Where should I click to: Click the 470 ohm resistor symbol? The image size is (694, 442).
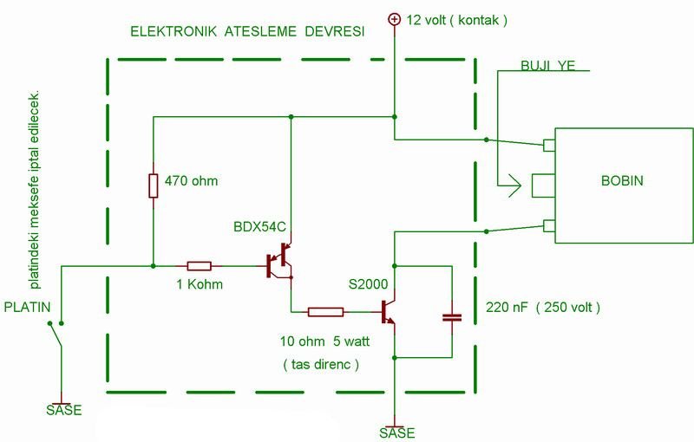tap(154, 185)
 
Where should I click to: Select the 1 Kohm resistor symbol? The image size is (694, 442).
tap(200, 265)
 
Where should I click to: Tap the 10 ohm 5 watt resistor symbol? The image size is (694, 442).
tap(326, 311)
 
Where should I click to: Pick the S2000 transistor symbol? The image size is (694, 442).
tap(388, 311)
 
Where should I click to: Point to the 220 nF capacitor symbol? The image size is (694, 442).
tap(452, 316)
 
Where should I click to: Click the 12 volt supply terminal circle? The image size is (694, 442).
tap(394, 18)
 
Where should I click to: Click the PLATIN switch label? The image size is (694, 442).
tap(26, 307)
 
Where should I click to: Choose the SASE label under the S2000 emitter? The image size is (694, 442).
tap(396, 432)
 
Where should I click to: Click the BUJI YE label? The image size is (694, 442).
tap(547, 66)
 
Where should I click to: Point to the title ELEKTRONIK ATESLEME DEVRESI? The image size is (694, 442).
tap(247, 31)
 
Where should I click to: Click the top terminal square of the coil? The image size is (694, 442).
tap(549, 145)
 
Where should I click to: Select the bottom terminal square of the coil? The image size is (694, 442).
tap(549, 227)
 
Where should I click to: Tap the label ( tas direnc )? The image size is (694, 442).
tap(321, 364)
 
